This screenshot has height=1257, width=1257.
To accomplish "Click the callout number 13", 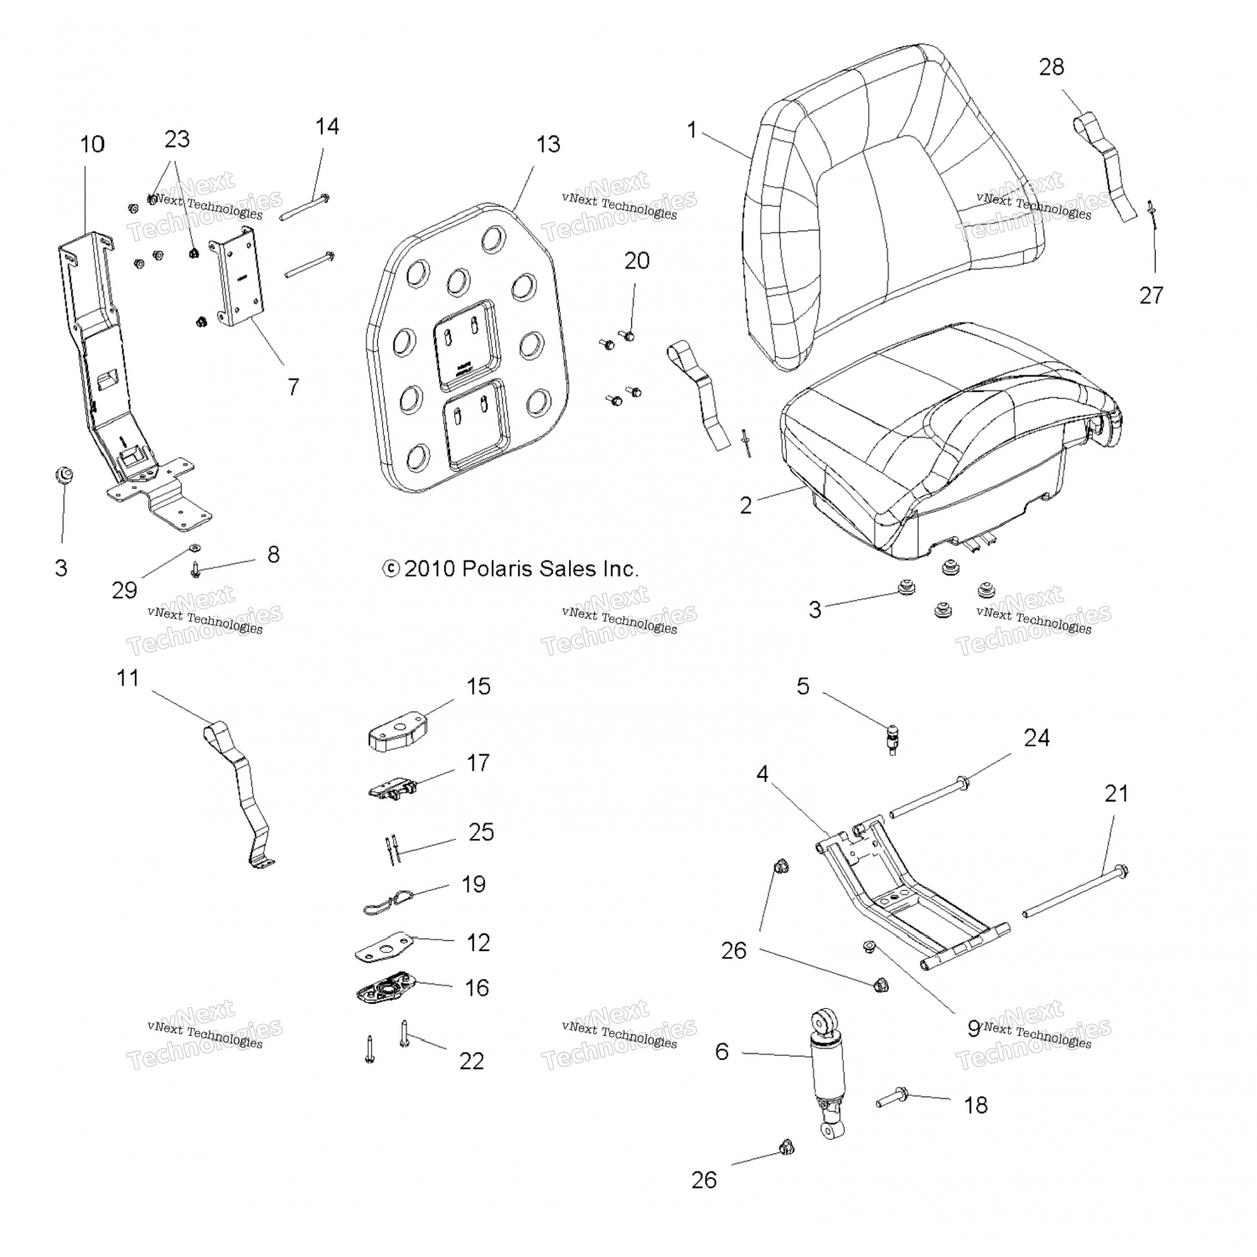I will tap(548, 145).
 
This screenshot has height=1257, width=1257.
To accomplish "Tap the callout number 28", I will tap(1052, 67).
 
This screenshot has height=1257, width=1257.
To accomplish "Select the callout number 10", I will tap(92, 144).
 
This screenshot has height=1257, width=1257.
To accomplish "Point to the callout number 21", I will tap(1116, 793).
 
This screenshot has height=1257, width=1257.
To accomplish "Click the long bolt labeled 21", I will tap(1073, 892).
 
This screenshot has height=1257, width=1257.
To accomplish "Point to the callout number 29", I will tap(124, 590).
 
